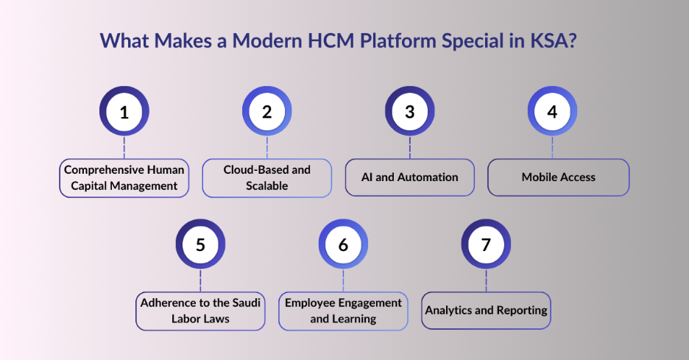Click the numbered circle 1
click(124, 112)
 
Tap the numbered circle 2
click(266, 112)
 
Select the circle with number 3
click(409, 112)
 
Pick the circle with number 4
click(552, 112)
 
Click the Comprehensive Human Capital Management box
click(124, 177)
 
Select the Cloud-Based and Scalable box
click(267, 177)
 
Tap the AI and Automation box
click(410, 177)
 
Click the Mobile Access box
click(559, 177)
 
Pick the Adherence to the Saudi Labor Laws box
click(200, 311)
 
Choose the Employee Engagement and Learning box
click(343, 311)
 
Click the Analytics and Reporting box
click(486, 311)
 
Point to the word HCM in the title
click(326, 40)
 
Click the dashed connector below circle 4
click(552, 147)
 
